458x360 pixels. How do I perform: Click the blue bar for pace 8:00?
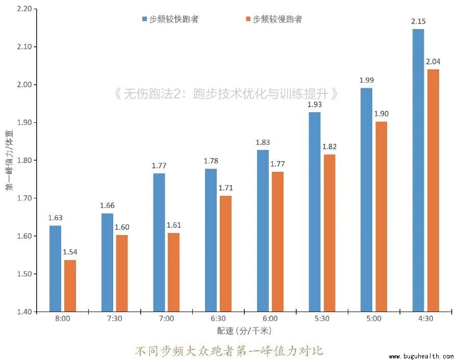coord(55,268)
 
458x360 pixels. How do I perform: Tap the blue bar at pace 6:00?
coord(263,230)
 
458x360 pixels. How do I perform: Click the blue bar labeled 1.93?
coord(315,212)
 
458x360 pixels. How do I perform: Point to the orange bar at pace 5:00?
coord(380,216)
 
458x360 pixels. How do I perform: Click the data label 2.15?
coord(418,22)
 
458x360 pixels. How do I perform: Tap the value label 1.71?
coord(225,188)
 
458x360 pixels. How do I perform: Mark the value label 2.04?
coord(432,62)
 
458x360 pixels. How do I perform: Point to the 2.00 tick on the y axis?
coord(23,85)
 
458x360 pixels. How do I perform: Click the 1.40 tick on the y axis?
coord(23,312)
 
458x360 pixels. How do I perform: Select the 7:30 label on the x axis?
coord(114,319)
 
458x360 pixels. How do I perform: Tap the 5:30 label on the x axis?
coord(321,319)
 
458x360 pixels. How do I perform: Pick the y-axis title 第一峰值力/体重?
coord(9,160)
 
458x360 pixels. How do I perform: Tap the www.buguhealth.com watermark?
coord(421,356)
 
